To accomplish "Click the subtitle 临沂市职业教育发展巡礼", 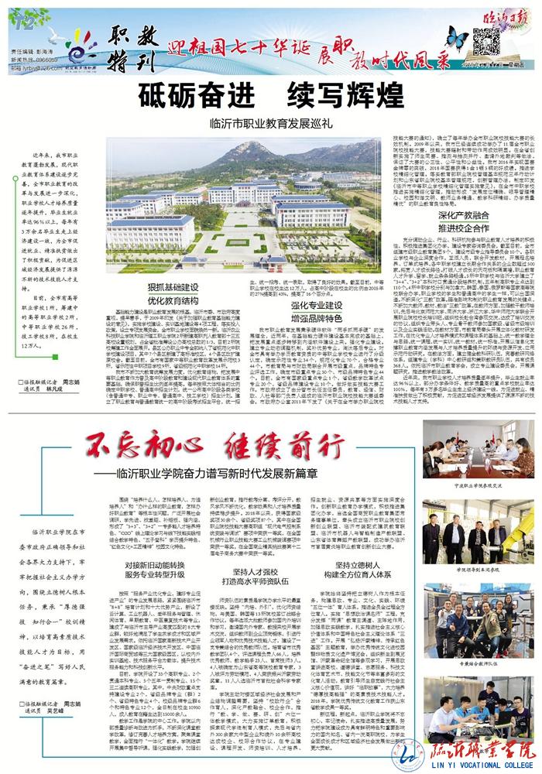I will (x=271, y=123).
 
